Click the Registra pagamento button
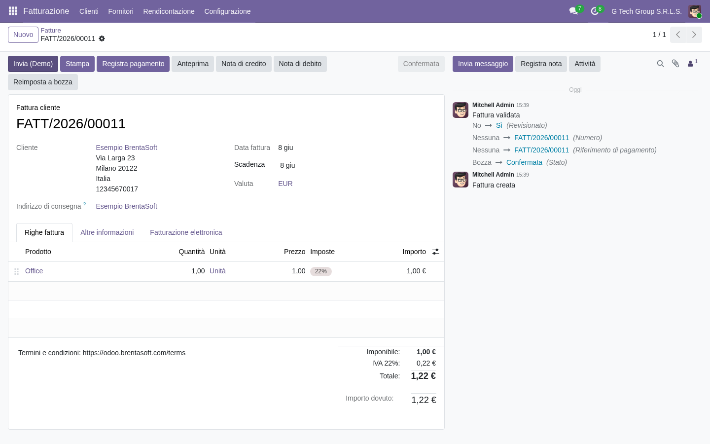point(133,64)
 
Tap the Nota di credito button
point(244,64)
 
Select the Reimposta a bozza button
point(43,82)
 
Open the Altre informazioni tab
point(107,232)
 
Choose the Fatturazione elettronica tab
point(186,232)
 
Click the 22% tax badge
point(321,271)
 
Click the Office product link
point(34,271)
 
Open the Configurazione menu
point(227,11)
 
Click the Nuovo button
point(23,35)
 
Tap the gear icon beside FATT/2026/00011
point(102,38)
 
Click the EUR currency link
point(285,184)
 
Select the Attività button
point(585,64)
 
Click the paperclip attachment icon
point(675,64)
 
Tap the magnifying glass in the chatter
point(660,64)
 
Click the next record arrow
point(694,35)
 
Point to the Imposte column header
point(322,252)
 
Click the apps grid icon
point(13,11)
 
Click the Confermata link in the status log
point(524,162)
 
